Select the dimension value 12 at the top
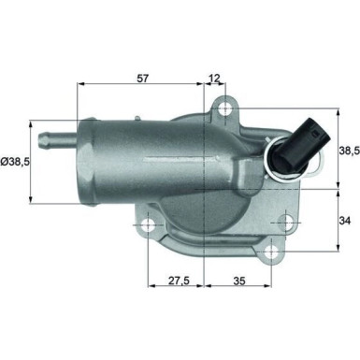(x=215, y=79)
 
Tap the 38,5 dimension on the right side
(x=348, y=149)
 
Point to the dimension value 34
(x=346, y=223)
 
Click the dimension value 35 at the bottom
(x=239, y=279)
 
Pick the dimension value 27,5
(x=175, y=279)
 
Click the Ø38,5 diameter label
(x=17, y=162)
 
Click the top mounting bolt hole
(x=225, y=111)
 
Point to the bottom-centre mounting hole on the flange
(x=271, y=252)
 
